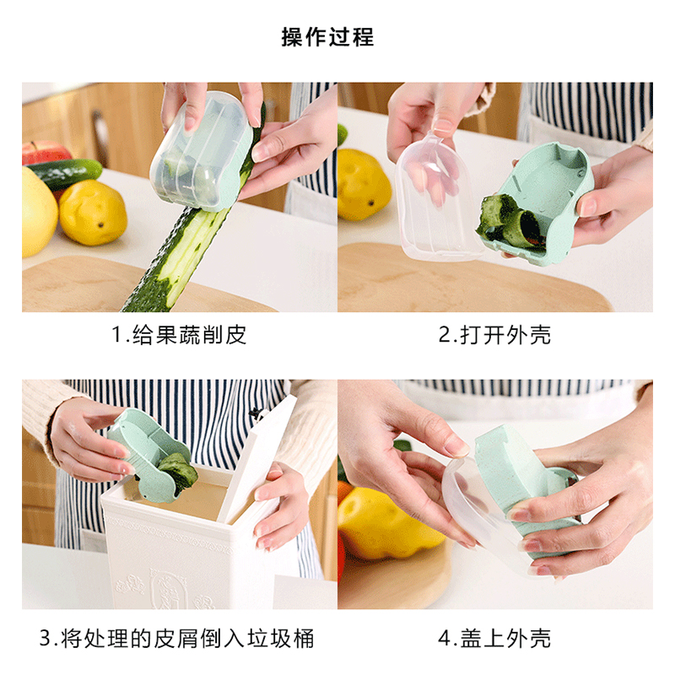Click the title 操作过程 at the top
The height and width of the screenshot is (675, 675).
[327, 36]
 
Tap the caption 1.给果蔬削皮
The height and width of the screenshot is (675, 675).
[179, 334]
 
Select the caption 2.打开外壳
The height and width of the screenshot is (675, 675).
[494, 334]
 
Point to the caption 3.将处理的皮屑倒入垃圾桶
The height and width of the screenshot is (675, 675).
[177, 638]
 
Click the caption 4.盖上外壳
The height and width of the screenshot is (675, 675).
[494, 638]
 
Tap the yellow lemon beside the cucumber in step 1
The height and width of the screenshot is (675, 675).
[93, 213]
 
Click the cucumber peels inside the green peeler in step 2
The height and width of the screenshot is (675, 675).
[510, 224]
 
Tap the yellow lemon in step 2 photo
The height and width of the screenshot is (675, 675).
[364, 184]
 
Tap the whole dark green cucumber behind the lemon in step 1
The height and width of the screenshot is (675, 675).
[65, 172]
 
